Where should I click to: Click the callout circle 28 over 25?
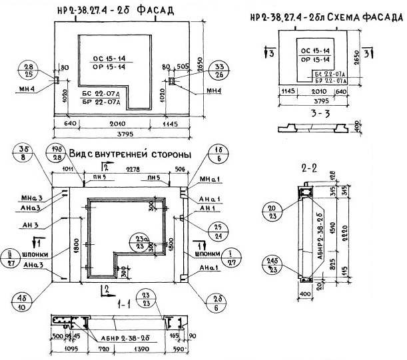click(x=29, y=71)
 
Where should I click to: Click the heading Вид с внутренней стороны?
click(x=124, y=154)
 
